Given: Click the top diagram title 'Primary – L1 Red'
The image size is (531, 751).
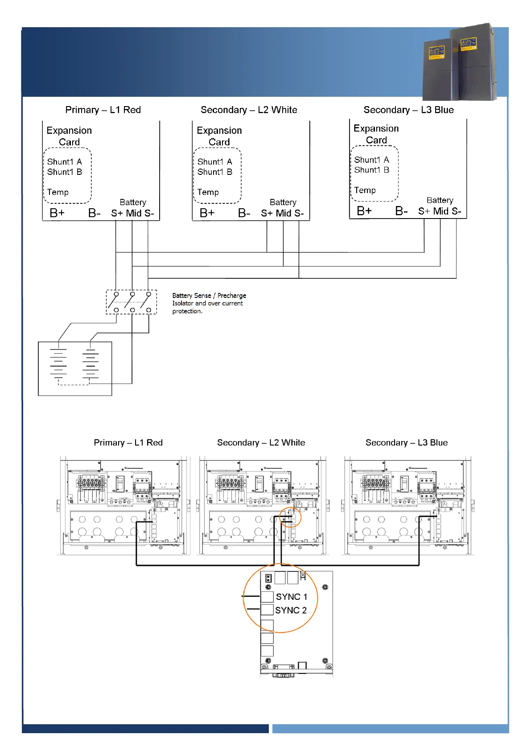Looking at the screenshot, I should click(103, 110).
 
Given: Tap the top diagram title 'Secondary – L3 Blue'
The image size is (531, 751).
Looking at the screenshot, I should click(408, 110).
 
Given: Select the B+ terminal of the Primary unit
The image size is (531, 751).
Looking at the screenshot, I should click(57, 213).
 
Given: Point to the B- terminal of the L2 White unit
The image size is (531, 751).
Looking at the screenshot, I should click(244, 213).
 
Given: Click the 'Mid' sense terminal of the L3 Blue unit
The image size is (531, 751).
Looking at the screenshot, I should click(441, 211).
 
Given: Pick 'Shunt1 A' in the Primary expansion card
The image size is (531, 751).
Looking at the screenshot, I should click(65, 162).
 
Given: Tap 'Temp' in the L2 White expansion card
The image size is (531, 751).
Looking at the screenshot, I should click(208, 192).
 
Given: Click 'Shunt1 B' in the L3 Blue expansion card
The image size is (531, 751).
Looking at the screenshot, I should click(372, 170).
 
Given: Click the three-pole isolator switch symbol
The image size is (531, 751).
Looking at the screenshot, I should click(132, 302).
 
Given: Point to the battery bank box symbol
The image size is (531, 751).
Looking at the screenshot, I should click(75, 368).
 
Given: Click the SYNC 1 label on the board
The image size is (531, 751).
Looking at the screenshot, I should click(292, 597).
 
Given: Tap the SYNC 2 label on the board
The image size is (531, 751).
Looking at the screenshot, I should click(291, 610).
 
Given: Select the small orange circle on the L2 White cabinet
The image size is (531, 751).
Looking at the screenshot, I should click(290, 518).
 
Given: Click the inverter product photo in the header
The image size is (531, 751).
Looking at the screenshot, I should click(460, 62).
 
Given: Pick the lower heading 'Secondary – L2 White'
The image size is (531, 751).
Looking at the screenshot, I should click(261, 442).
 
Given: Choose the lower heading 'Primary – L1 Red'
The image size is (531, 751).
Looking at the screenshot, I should click(128, 442).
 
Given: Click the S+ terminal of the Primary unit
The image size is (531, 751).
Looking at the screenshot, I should click(117, 214).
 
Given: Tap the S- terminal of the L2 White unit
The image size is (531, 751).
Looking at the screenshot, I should click(298, 214).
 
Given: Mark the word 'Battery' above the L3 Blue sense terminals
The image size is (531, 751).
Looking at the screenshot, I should click(440, 200).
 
